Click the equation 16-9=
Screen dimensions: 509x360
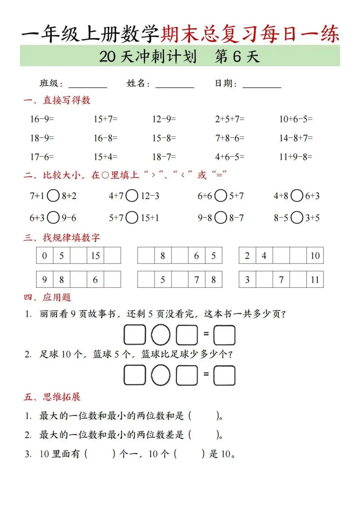click(x=42, y=119)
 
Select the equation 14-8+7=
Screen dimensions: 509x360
click(x=296, y=138)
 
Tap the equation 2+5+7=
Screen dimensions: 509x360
click(x=230, y=119)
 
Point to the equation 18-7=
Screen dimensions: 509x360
click(x=164, y=157)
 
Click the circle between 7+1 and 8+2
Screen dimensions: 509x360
click(x=53, y=196)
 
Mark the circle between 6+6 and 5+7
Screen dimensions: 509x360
click(x=221, y=196)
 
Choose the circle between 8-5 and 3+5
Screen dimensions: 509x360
click(x=297, y=218)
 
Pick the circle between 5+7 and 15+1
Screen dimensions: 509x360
click(x=132, y=218)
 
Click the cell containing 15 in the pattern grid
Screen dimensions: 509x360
click(x=95, y=256)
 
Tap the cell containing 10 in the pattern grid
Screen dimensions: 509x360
click(x=315, y=256)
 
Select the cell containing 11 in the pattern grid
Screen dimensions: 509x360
click(x=315, y=280)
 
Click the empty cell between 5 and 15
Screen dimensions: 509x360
click(x=78, y=256)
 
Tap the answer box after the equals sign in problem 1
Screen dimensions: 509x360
click(x=224, y=335)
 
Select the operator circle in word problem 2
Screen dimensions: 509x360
click(x=161, y=375)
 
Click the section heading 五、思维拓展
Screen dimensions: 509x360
click(x=52, y=397)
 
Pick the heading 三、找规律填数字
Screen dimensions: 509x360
click(x=62, y=237)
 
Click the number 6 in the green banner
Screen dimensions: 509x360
click(x=237, y=56)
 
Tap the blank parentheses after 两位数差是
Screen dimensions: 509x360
click(x=204, y=435)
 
